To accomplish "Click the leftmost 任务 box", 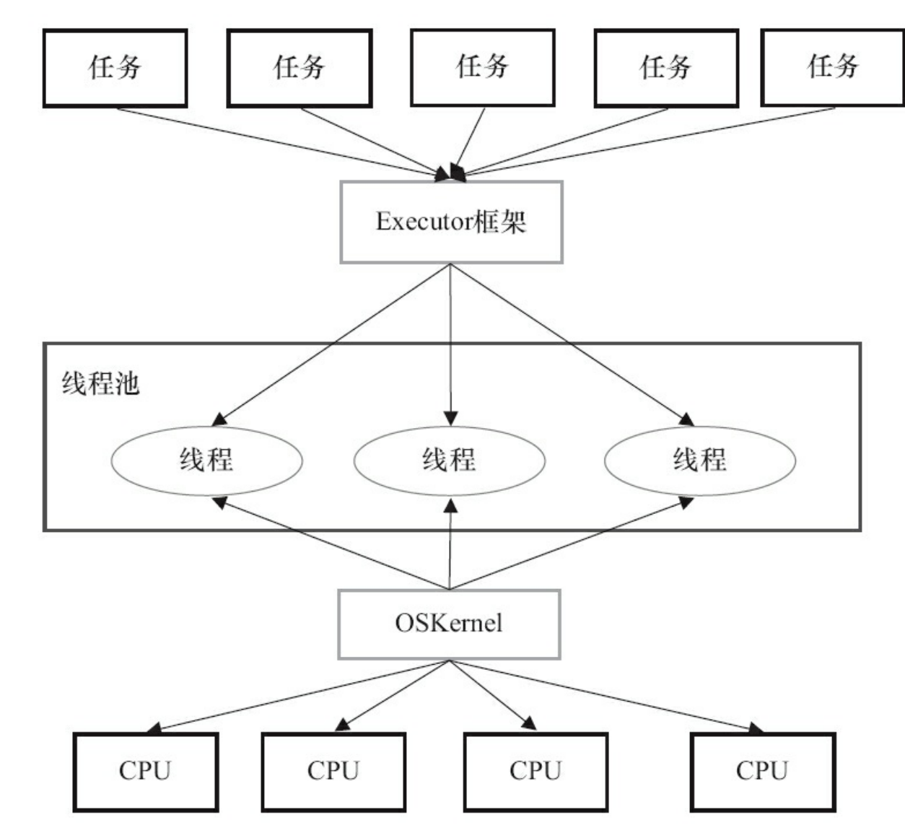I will pyautogui.click(x=115, y=68).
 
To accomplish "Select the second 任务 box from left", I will pyautogui.click(x=299, y=68).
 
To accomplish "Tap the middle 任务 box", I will pyautogui.click(x=482, y=67).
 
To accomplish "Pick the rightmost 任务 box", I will pyautogui.click(x=833, y=67).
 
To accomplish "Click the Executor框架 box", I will pyautogui.click(x=451, y=222).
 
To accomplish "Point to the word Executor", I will pyautogui.click(x=423, y=221).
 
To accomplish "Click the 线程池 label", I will pyautogui.click(x=100, y=383).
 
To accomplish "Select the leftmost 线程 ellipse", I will pyautogui.click(x=206, y=461).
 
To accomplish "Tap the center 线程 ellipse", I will pyautogui.click(x=449, y=461).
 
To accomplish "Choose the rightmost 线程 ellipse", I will pyautogui.click(x=699, y=461).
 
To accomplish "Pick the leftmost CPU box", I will pyautogui.click(x=145, y=772).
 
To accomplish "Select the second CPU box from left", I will pyautogui.click(x=333, y=772).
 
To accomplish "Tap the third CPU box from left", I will pyautogui.click(x=535, y=772).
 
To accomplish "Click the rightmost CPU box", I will pyautogui.click(x=762, y=772).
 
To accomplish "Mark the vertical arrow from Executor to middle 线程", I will pyautogui.click(x=450, y=346).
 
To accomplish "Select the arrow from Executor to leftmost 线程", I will pyautogui.click(x=332, y=344).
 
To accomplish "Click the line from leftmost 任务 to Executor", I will pyautogui.click(x=281, y=142).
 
